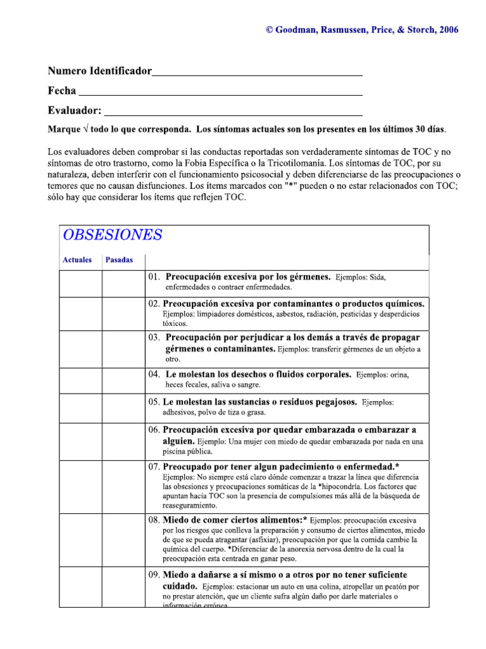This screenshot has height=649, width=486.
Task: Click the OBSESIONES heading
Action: point(112,235)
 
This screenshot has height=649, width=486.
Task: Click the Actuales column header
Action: point(77,260)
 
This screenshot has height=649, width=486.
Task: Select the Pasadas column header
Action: point(119,260)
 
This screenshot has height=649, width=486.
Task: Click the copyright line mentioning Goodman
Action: point(362,30)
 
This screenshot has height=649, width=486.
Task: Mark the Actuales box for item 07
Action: point(80,486)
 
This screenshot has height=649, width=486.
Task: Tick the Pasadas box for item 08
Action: point(123,539)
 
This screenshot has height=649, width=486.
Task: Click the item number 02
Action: point(155,304)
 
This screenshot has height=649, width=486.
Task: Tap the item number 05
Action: point(155,402)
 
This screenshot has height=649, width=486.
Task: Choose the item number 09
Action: point(155,575)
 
